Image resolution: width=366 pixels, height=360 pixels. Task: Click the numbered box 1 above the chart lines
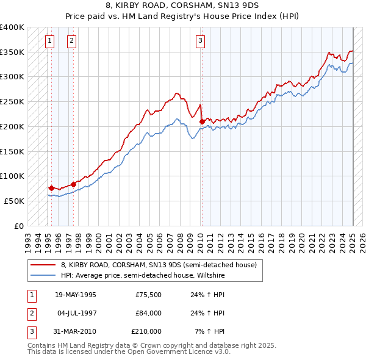click(x=49, y=41)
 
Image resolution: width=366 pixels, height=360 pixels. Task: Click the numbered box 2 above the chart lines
click(x=71, y=41)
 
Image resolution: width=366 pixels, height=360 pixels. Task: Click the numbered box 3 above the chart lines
click(x=200, y=41)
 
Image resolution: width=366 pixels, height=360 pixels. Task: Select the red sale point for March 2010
click(x=201, y=121)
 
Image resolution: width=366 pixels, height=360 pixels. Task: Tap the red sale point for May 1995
click(x=51, y=188)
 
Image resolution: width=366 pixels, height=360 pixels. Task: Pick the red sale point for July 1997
click(x=73, y=184)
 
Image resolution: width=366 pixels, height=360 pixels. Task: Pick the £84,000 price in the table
click(x=148, y=313)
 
